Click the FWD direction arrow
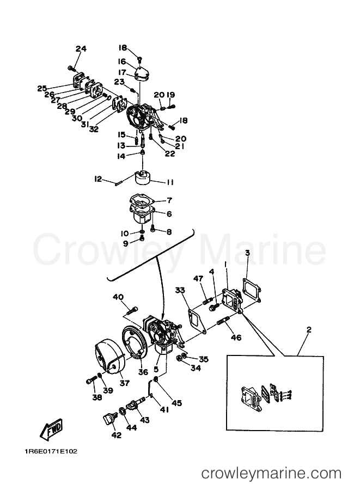point(51,429)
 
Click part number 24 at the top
point(81,49)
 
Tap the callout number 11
point(170,182)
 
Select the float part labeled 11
point(144,177)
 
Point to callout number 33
point(180,290)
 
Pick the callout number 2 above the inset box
point(309,330)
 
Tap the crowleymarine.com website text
point(271,474)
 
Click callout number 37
point(125,383)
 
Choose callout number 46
point(236,338)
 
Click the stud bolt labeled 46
point(223,323)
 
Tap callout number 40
point(118,297)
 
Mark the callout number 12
point(98,179)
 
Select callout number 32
point(94,129)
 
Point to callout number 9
point(126,243)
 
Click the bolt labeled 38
point(91,379)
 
